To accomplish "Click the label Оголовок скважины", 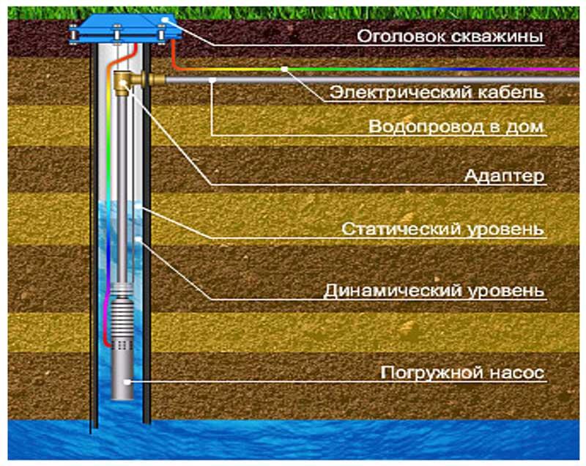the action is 450,37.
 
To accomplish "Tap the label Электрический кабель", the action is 437,92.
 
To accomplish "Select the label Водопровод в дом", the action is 456,127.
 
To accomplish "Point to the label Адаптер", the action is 504,176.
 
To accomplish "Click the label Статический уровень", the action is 443,229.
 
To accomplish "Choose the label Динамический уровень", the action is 434,291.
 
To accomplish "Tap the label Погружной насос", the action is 462,373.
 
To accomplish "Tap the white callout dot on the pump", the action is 127,382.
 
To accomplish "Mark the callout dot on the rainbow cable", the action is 285,69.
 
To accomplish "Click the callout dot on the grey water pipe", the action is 212,80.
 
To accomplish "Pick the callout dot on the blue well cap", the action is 166,20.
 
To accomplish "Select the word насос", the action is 516,373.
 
